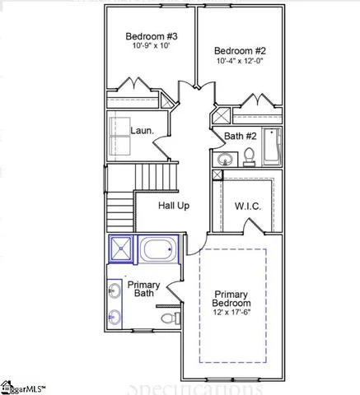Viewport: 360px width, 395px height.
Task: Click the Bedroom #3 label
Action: pos(147,36)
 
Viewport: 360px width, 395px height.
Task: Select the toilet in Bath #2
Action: pos(248,155)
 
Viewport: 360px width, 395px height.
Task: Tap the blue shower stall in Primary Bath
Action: pos(122,248)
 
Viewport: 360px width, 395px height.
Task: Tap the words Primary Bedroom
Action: pos(231,299)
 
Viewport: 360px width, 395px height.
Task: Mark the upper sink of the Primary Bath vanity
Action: pos(113,289)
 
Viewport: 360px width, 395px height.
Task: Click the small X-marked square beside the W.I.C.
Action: pos(217,175)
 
